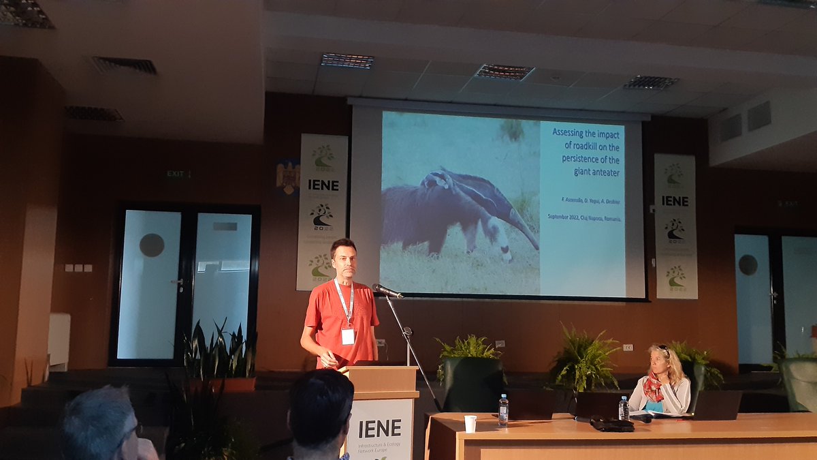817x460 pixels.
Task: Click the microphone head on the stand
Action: coord(386,290)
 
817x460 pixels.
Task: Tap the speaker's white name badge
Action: coord(348,337)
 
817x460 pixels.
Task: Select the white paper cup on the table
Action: coord(470,423)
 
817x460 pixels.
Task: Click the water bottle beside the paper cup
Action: coord(503,410)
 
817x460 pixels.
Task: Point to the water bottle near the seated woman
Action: coord(623,408)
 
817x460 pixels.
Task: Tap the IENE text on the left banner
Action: coord(323,185)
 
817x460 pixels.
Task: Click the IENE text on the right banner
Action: coord(675,200)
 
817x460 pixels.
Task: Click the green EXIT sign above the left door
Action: coord(177,174)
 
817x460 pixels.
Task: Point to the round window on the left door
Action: coord(152,245)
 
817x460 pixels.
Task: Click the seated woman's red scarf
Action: coord(654,388)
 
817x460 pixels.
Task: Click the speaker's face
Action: coord(344,258)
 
